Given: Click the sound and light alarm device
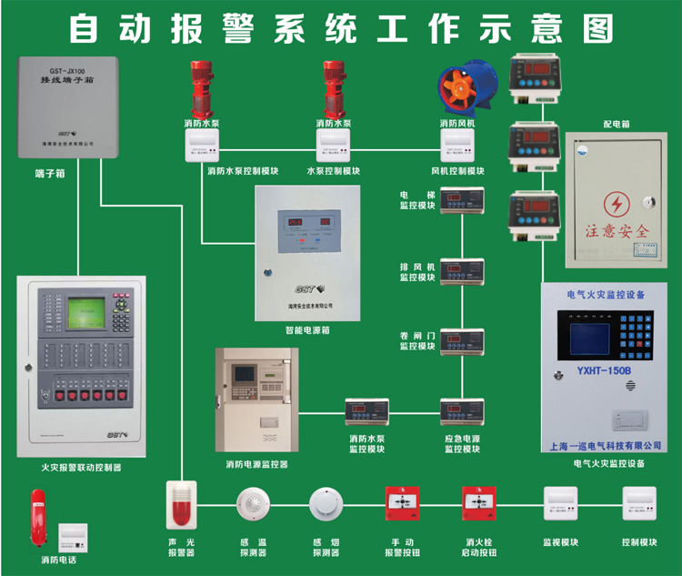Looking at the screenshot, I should pos(181,506).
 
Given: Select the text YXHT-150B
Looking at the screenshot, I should pos(604,371).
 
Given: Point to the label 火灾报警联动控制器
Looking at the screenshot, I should pos(81,468).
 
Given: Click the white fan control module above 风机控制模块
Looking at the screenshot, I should pos(457,146).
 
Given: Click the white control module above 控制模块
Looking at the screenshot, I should pos(639,504).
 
